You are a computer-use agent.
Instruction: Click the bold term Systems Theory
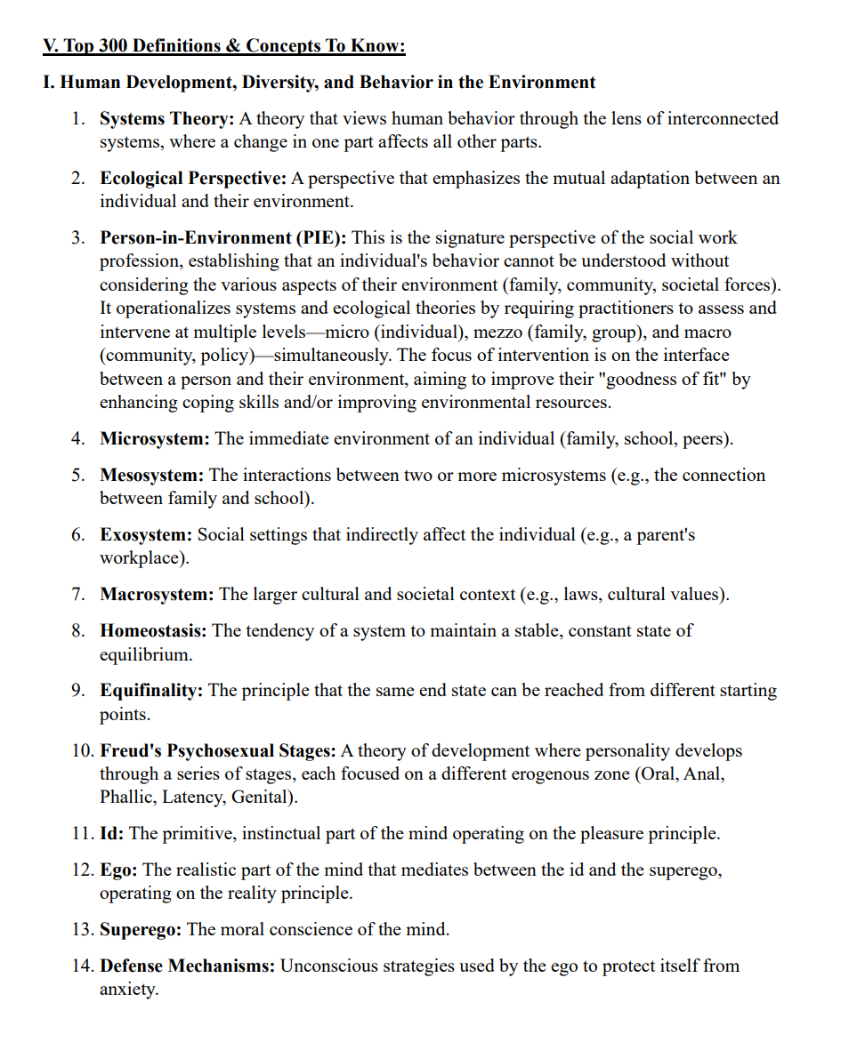click(166, 119)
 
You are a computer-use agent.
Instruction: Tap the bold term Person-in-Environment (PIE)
click(223, 238)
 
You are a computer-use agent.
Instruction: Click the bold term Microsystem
click(155, 439)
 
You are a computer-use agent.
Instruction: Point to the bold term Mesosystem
click(151, 476)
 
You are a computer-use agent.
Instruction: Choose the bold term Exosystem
click(146, 535)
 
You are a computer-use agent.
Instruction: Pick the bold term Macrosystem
click(157, 595)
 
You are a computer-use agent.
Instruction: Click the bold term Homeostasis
click(153, 631)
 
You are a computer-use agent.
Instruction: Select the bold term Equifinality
click(151, 691)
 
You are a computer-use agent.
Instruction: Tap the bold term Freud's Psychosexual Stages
click(218, 751)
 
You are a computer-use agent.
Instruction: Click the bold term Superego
click(141, 930)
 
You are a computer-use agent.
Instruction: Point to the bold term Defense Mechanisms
click(188, 966)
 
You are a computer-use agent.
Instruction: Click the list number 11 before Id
click(82, 834)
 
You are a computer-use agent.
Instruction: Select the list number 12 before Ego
click(82, 870)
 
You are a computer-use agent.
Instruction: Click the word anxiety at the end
click(127, 990)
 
